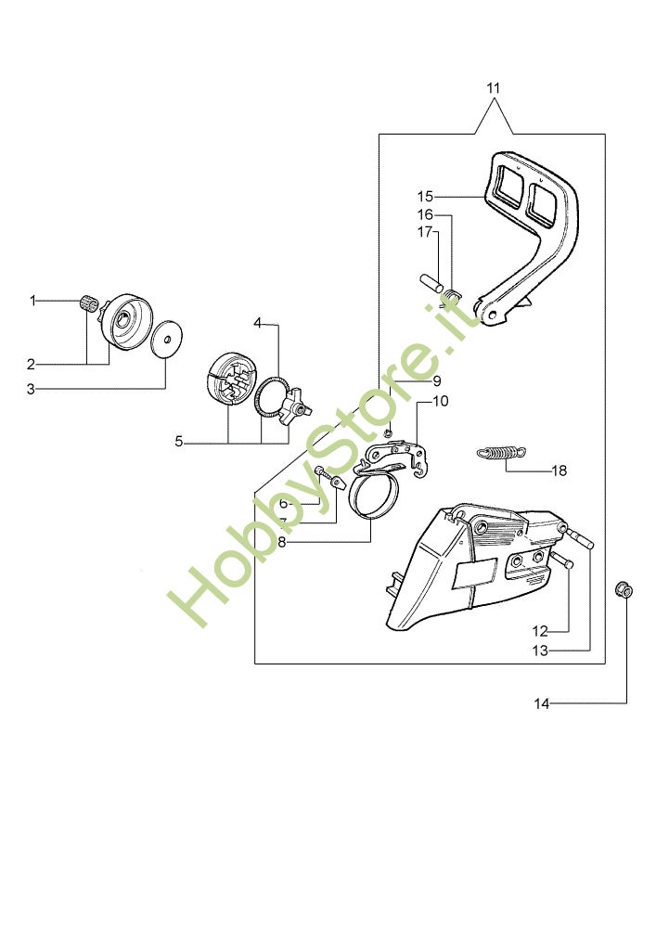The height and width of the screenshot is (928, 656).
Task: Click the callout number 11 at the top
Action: coord(493,88)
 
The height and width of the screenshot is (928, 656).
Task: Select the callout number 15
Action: coord(425,196)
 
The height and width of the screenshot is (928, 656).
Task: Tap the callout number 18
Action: coord(559,470)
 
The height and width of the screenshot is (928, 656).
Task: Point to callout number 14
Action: coord(542,704)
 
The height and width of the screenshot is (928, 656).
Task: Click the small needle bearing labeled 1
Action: coord(89,302)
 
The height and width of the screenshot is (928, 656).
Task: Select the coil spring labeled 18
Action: coord(502,453)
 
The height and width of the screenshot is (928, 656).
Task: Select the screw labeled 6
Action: coord(324,473)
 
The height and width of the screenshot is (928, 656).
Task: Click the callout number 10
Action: coord(440,402)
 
